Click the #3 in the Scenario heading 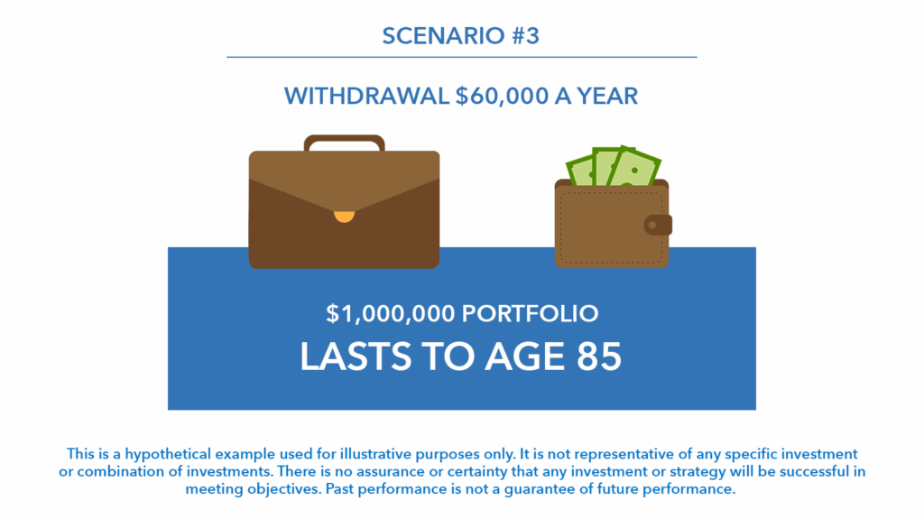pyautogui.click(x=525, y=36)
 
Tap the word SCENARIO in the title pyautogui.click(x=443, y=36)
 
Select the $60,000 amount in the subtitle pyautogui.click(x=502, y=97)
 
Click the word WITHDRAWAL pyautogui.click(x=366, y=97)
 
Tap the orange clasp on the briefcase pyautogui.click(x=344, y=217)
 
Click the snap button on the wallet pyautogui.click(x=658, y=225)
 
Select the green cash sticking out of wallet pyautogui.click(x=614, y=166)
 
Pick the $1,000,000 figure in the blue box pyautogui.click(x=390, y=314)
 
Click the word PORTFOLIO pyautogui.click(x=531, y=314)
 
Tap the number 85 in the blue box pyautogui.click(x=599, y=357)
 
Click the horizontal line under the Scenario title pyautogui.click(x=462, y=57)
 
